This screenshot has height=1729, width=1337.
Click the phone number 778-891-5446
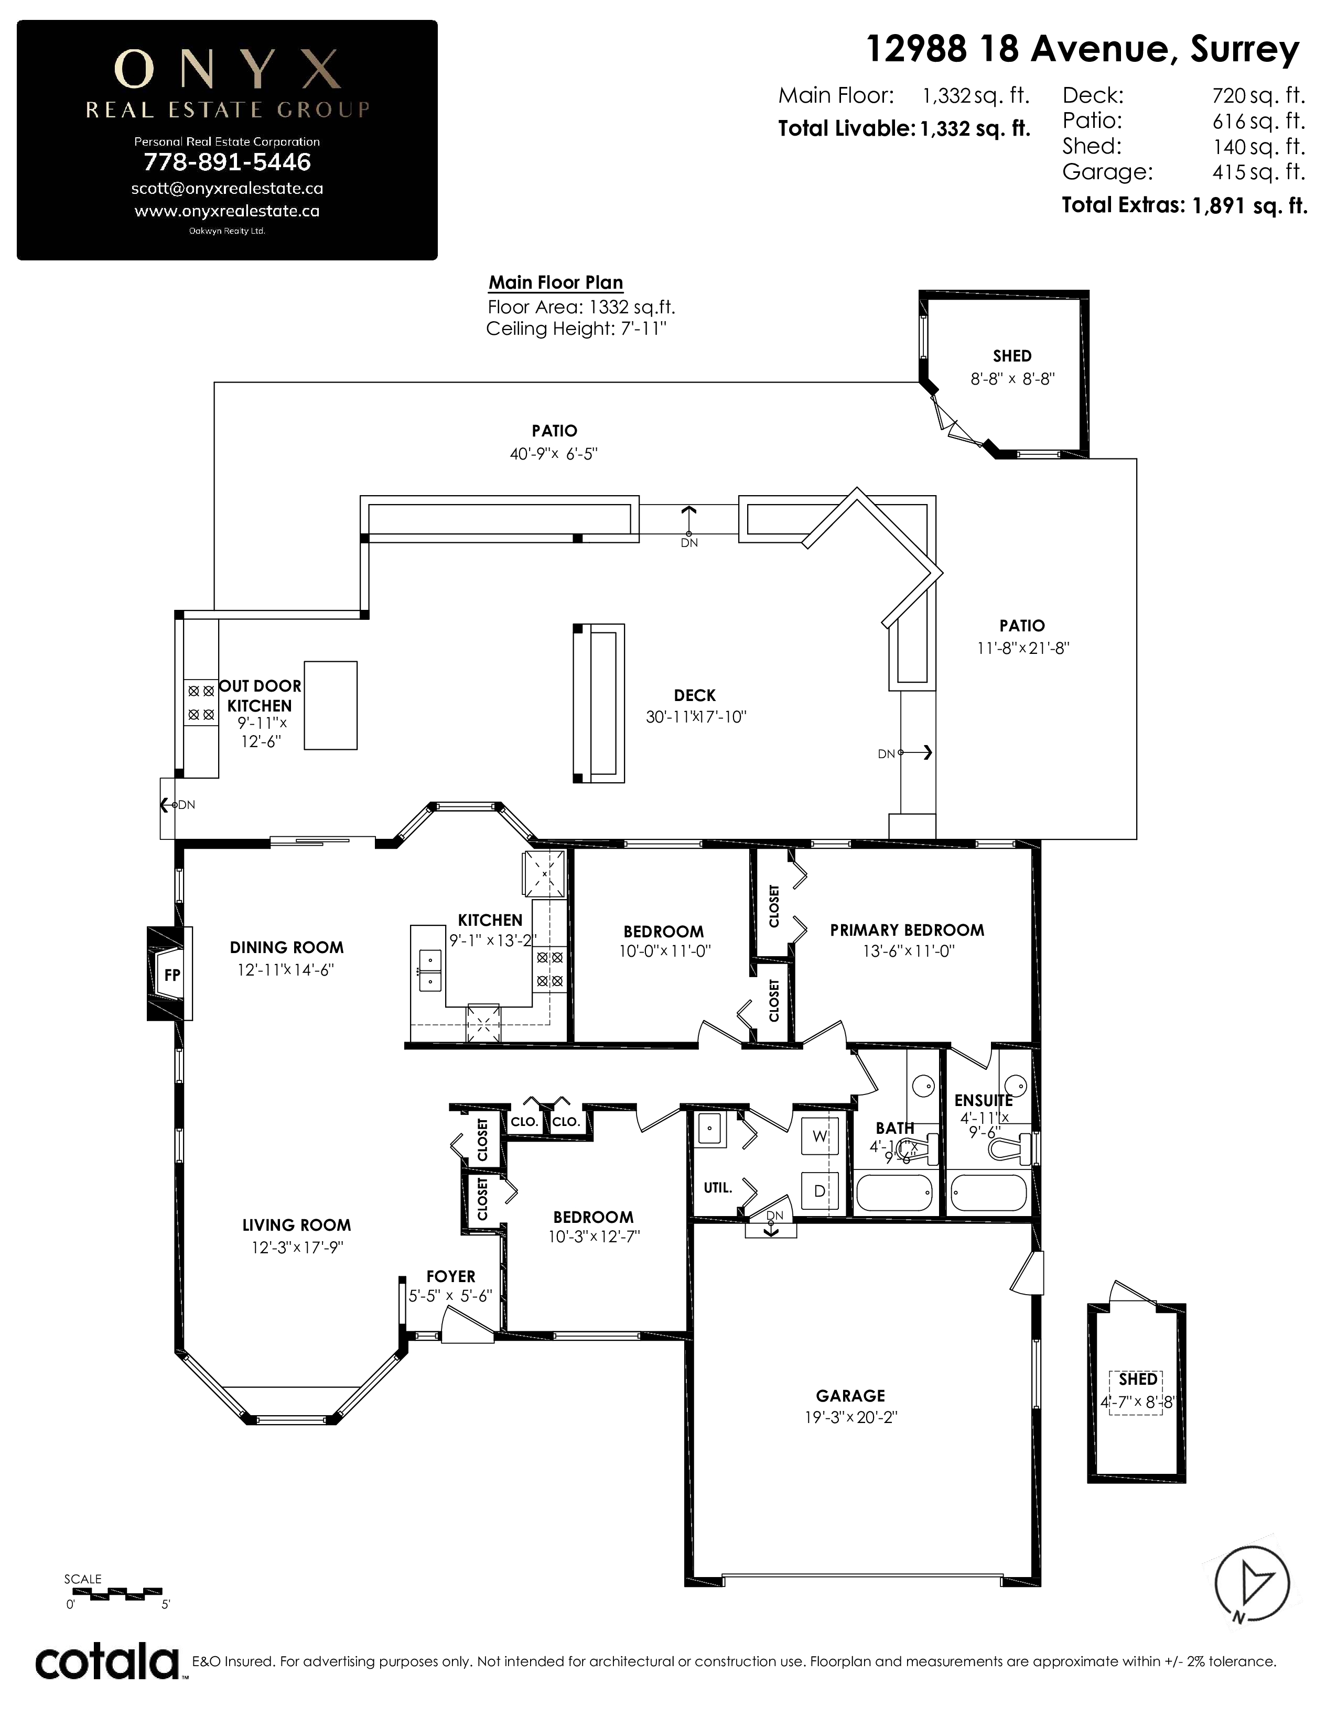pos(228,162)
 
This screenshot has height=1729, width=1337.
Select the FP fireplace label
pos(172,976)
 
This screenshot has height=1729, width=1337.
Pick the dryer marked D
pos(820,1191)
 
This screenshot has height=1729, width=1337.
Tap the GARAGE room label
pos(850,1396)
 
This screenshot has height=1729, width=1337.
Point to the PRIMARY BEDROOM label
pos(907,930)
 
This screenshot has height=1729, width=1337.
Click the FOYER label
pos(451,1276)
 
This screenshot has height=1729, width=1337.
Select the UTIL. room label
pos(718,1187)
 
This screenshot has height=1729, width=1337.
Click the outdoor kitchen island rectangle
pos(330,705)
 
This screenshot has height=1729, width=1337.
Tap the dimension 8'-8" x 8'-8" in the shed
pos(1012,379)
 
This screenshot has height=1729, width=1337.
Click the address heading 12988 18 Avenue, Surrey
pos(1083,49)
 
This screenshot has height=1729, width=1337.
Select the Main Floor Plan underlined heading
pos(555,282)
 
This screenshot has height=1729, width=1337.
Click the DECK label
pos(695,695)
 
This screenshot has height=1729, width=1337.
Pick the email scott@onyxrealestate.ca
pos(228,189)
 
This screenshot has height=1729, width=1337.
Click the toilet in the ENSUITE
pos(1012,1148)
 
